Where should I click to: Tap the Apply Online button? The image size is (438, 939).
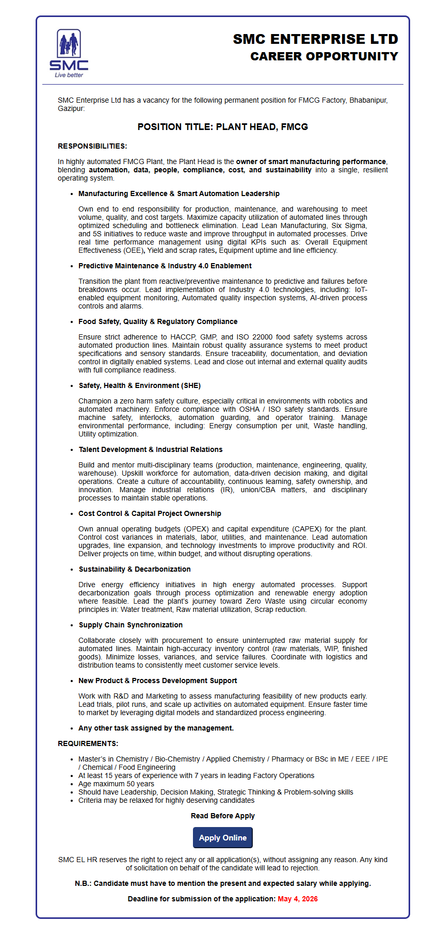[223, 838]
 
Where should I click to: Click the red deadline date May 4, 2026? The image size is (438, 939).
[298, 899]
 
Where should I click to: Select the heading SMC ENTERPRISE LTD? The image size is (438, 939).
[315, 39]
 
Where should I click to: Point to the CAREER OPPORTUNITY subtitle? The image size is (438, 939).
[324, 56]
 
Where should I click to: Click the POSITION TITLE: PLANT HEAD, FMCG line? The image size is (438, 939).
[223, 127]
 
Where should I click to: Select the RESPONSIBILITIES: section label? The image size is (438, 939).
[92, 146]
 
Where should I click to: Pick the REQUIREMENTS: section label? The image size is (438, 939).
[88, 743]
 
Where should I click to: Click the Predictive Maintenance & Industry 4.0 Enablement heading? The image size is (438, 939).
[165, 266]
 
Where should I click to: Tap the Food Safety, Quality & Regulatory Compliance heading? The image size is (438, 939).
[158, 321]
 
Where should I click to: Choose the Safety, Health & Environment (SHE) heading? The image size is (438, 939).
[140, 385]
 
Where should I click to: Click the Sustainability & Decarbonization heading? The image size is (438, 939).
[135, 569]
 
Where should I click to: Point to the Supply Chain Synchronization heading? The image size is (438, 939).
[131, 625]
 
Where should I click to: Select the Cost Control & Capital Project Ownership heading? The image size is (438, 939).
[150, 513]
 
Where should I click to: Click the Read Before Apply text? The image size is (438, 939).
[223, 816]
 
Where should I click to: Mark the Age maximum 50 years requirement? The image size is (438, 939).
[116, 784]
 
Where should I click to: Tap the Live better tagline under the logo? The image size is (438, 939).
[69, 75]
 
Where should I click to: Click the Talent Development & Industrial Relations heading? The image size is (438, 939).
[151, 449]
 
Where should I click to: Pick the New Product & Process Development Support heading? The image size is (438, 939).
[158, 681]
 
